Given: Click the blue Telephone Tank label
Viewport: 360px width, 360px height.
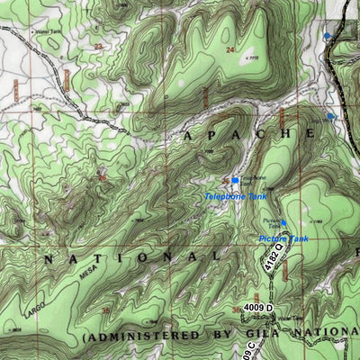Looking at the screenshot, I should click(x=235, y=196).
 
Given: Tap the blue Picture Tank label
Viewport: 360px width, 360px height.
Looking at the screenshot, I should click(x=283, y=238).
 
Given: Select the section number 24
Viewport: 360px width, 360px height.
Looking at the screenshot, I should click(x=230, y=49).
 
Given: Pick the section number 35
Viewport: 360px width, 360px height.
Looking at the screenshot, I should click(x=105, y=310).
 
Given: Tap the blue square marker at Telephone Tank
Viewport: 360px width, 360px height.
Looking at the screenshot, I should click(x=235, y=181).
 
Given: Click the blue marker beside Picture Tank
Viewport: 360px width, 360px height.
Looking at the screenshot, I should click(x=283, y=222).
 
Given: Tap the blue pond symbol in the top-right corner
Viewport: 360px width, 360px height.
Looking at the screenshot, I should click(x=327, y=35).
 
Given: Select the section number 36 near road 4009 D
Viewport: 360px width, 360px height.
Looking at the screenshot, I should click(x=236, y=310).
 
